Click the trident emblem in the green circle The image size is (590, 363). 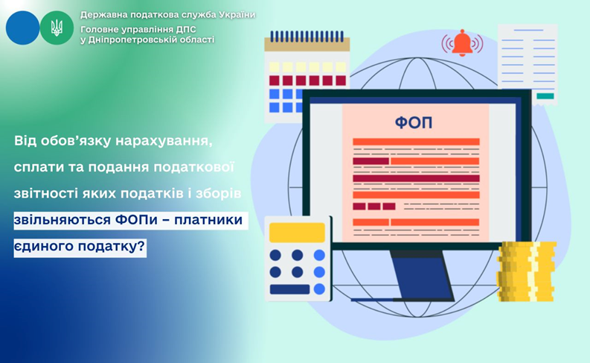[57, 28]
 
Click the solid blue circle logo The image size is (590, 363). [22, 28]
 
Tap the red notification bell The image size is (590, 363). [462, 43]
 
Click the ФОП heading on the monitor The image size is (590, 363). [414, 122]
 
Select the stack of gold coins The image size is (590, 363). [527, 271]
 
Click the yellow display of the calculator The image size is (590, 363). [297, 233]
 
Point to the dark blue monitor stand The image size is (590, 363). [422, 275]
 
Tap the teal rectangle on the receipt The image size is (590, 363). [545, 96]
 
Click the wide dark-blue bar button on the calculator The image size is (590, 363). [289, 289]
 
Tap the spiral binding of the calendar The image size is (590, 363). [307, 37]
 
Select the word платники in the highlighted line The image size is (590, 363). [208, 220]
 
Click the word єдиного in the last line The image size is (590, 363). [43, 247]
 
